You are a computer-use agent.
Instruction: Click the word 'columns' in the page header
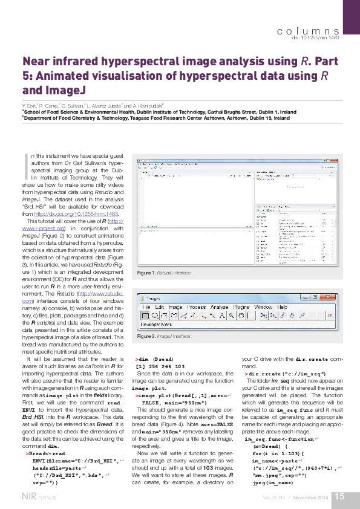307,30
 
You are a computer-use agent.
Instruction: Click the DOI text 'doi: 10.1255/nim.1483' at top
316,37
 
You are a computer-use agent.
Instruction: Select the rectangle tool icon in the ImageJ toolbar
146,316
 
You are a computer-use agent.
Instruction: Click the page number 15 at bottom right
339,496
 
